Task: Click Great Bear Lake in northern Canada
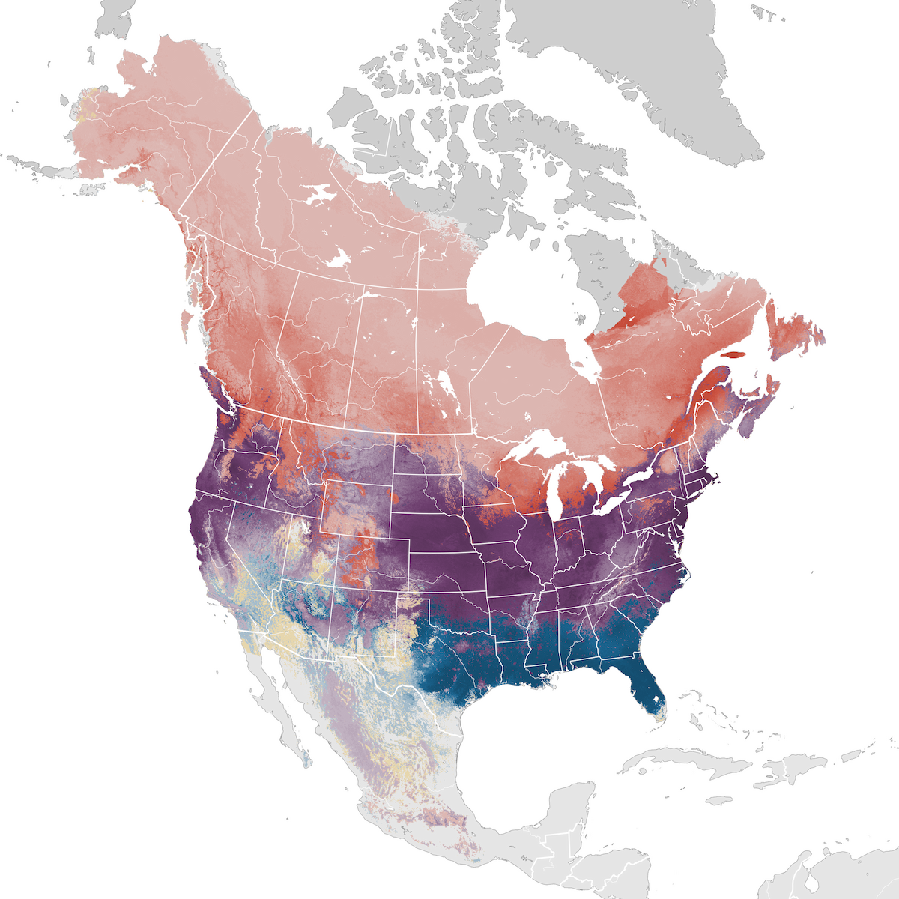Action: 322,196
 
